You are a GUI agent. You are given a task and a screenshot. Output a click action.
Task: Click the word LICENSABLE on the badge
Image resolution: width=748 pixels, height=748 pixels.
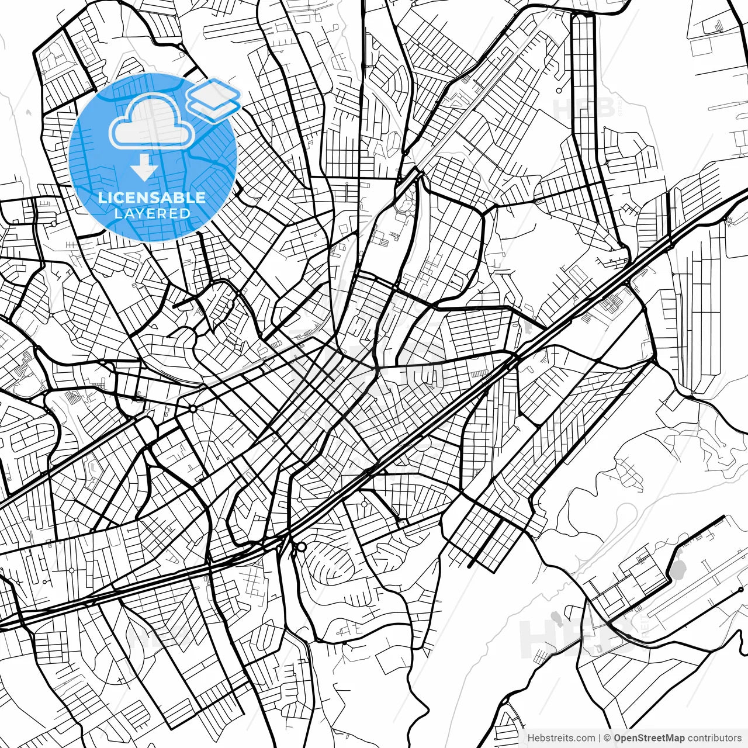click(152, 198)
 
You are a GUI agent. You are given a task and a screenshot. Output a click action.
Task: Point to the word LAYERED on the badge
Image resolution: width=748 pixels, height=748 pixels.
click(152, 213)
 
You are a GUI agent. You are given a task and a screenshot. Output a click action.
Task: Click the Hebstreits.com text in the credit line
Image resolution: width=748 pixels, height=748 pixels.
click(561, 738)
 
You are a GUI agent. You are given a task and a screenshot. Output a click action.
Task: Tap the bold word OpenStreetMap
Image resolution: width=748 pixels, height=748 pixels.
click(649, 738)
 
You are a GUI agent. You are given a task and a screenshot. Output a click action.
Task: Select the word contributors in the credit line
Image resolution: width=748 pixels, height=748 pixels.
click(714, 738)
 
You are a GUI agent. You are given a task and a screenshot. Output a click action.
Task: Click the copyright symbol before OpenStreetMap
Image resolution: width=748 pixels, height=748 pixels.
click(607, 738)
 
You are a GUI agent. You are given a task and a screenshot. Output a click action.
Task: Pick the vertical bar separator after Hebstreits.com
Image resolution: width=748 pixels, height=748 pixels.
click(600, 738)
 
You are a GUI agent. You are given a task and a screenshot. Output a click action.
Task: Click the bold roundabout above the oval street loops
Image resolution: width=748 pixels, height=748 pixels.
click(301, 547)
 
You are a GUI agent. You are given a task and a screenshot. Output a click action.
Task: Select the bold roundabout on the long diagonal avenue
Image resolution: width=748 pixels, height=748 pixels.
click(193, 408)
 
